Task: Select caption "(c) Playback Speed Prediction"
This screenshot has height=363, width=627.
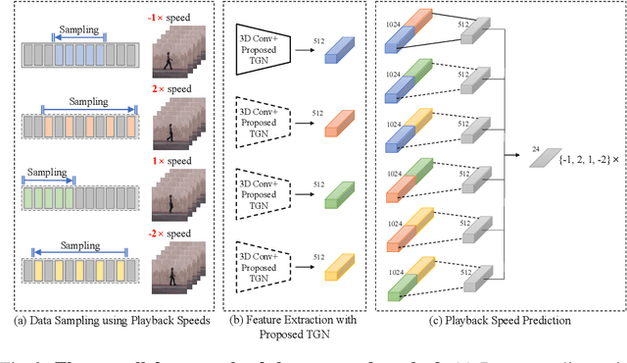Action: click(498, 319)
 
